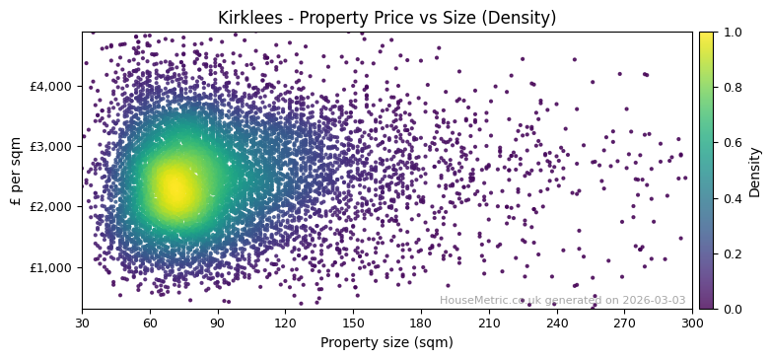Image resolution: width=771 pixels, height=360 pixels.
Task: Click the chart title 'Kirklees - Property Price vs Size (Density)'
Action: click(x=386, y=18)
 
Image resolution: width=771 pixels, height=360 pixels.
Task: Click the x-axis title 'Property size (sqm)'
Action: click(x=386, y=343)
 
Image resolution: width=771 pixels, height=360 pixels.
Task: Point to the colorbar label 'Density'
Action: click(x=755, y=171)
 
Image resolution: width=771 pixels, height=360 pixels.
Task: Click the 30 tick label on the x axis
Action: click(x=82, y=323)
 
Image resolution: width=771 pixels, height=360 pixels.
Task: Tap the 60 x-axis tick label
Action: click(x=150, y=323)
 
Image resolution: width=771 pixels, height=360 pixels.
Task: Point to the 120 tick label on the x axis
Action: click(x=286, y=323)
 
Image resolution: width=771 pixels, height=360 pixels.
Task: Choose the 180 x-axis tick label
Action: click(x=421, y=323)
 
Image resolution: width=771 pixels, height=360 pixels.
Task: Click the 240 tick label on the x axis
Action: click(x=557, y=323)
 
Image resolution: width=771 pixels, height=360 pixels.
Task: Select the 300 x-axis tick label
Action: click(x=692, y=323)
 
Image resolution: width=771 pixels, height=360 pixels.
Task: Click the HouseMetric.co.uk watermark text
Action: click(x=562, y=301)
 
